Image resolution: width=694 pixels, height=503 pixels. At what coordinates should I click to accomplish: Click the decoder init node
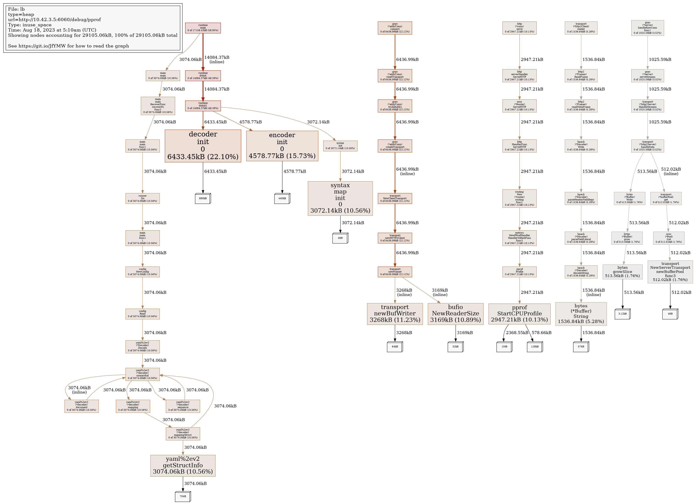203,146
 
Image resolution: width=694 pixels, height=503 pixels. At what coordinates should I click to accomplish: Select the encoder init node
282,146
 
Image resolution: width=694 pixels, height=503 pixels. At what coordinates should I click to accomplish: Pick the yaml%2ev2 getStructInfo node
183,465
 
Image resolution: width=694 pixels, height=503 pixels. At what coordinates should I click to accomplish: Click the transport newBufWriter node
395,314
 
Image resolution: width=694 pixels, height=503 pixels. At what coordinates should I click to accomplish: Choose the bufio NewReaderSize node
455,314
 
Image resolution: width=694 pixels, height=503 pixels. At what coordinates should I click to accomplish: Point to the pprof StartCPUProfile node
519,314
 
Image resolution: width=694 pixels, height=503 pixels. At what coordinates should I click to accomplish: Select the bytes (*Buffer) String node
581,314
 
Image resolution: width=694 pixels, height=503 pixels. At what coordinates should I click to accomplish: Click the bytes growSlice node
622,272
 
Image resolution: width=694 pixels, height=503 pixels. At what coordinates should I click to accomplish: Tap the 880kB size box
203,199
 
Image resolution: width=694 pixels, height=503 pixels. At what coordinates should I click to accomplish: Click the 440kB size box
282,199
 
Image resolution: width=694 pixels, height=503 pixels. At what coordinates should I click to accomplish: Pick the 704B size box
183,496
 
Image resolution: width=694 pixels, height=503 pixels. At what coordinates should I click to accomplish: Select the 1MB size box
504,347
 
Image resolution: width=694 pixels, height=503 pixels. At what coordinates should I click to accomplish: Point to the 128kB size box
535,347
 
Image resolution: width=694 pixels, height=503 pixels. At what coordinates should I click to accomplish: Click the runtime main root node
203,28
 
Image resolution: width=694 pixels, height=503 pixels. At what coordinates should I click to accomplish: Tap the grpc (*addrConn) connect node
395,28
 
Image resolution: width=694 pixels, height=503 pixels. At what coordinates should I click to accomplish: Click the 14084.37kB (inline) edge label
217,59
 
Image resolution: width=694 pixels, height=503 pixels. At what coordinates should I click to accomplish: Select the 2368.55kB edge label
517,333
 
